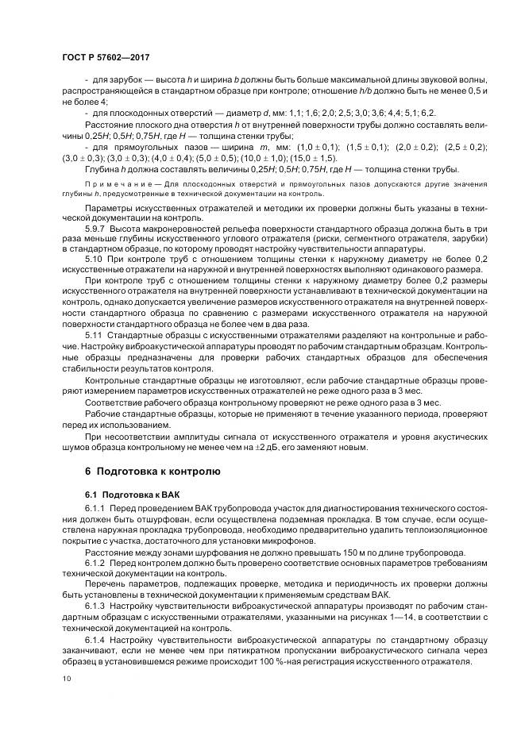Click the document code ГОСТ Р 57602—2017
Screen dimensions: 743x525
tap(106, 58)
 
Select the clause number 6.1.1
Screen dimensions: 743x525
tap(95, 507)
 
